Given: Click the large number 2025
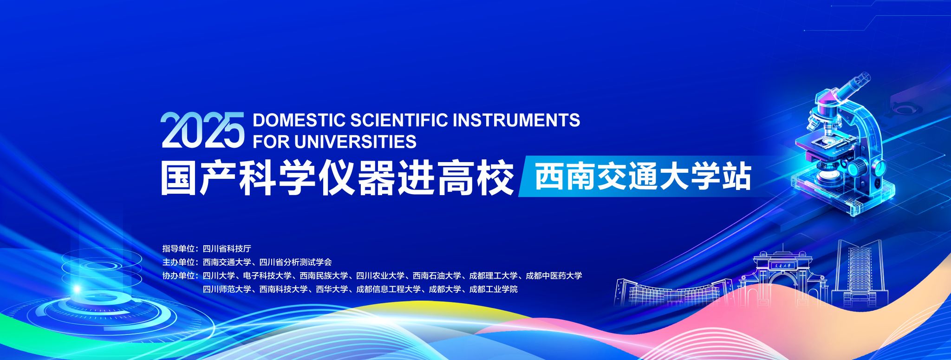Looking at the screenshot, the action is pyautogui.click(x=202, y=130).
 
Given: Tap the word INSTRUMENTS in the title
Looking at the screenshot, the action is pyautogui.click(x=516, y=120).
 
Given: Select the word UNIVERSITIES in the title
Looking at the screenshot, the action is pyautogui.click(x=355, y=141).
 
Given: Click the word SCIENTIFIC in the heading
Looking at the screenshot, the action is pyautogui.click(x=399, y=120).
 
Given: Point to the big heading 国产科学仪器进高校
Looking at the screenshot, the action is pyautogui.click(x=338, y=178).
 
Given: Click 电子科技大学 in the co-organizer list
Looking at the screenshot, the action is pyautogui.click(x=267, y=275).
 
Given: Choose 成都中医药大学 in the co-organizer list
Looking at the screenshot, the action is pyautogui.click(x=554, y=275).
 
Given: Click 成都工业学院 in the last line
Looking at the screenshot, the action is pyautogui.click(x=493, y=289).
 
